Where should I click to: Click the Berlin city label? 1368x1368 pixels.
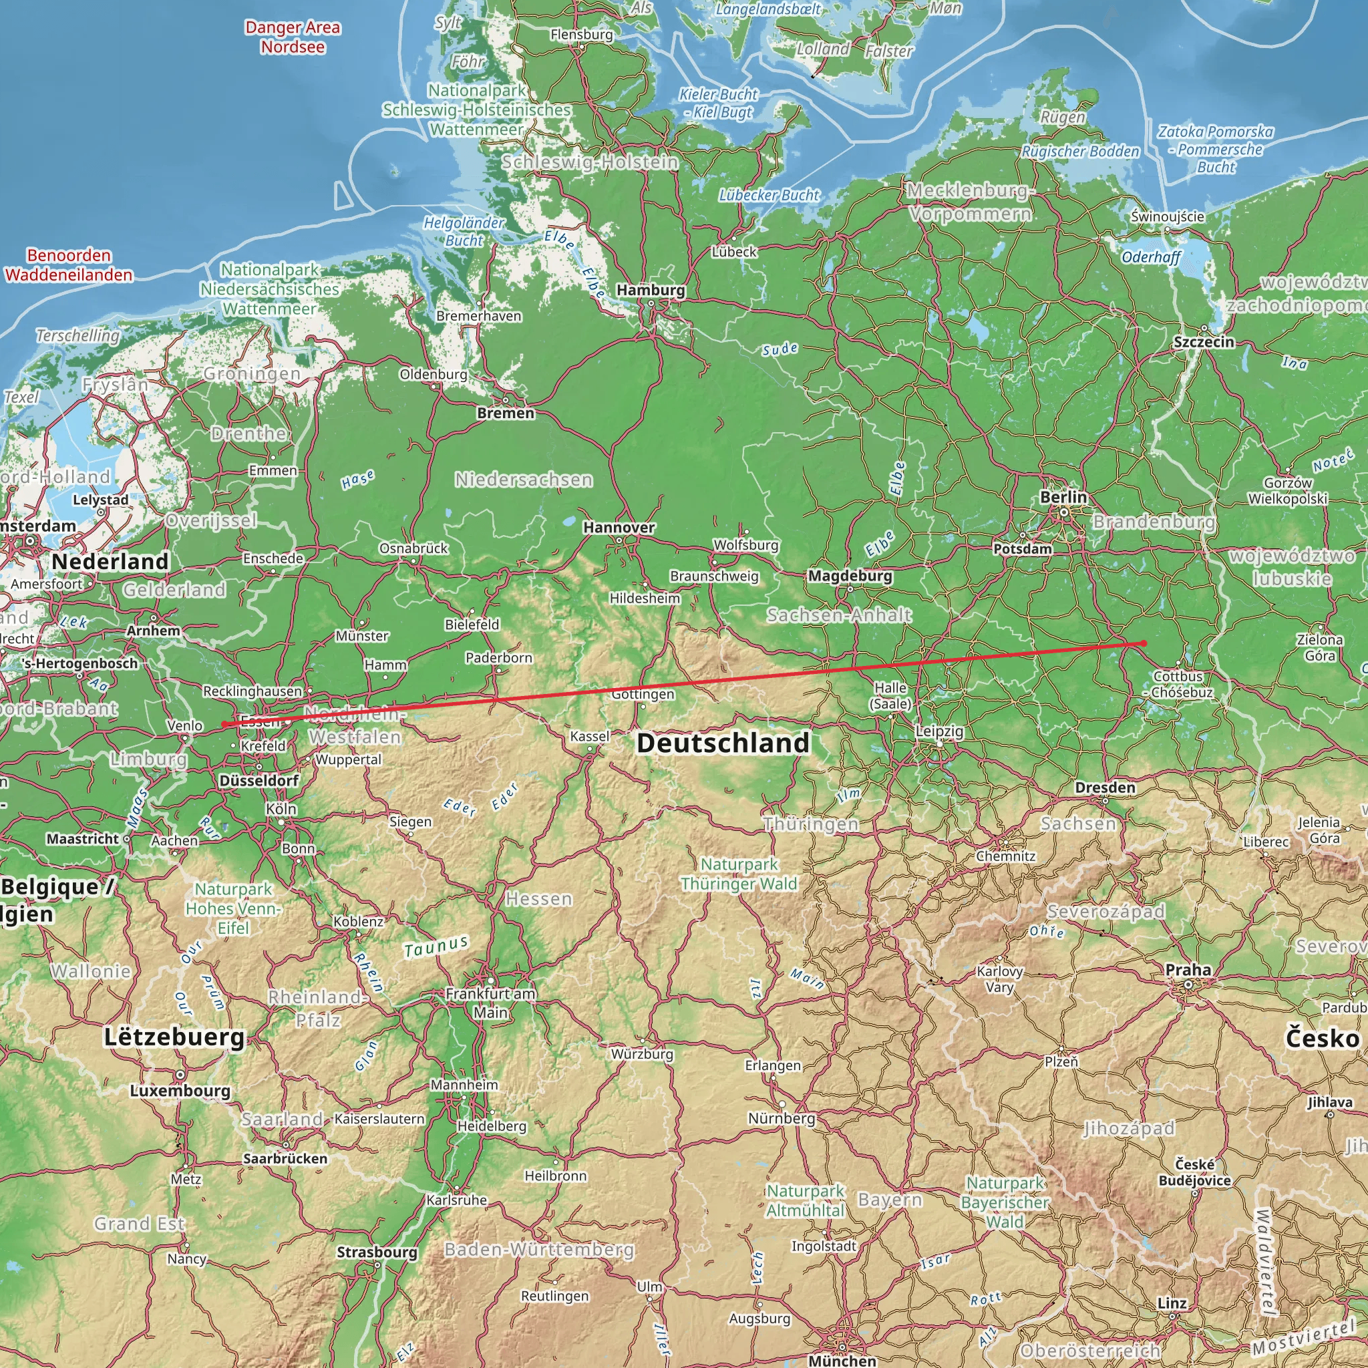[x=1063, y=497]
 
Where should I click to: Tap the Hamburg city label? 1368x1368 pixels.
[x=650, y=290]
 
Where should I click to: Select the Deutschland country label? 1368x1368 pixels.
[x=722, y=743]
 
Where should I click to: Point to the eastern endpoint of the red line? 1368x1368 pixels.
[x=1144, y=643]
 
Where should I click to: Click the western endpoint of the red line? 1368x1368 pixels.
[x=224, y=723]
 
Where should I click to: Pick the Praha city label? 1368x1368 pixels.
[x=1188, y=969]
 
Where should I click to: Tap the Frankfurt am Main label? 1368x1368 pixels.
[x=490, y=1003]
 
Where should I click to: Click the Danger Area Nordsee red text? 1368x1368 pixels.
[x=293, y=37]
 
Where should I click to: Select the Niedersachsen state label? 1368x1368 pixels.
[x=523, y=480]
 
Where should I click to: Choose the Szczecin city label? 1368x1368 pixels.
[x=1203, y=342]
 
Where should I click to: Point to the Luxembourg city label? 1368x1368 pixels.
[x=180, y=1090]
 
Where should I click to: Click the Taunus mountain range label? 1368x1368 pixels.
[x=436, y=946]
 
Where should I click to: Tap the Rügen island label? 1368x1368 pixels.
[x=1062, y=117]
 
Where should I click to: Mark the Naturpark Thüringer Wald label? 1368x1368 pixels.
[x=739, y=874]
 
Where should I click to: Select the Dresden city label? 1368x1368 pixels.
[x=1105, y=788]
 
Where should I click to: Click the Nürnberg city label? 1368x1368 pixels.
[x=781, y=1118]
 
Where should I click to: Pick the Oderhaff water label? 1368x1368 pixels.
[x=1151, y=257]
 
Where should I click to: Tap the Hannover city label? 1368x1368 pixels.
[x=618, y=527]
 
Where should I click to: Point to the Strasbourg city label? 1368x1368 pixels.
[x=377, y=1252]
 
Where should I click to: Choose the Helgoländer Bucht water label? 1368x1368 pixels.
[x=464, y=232]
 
